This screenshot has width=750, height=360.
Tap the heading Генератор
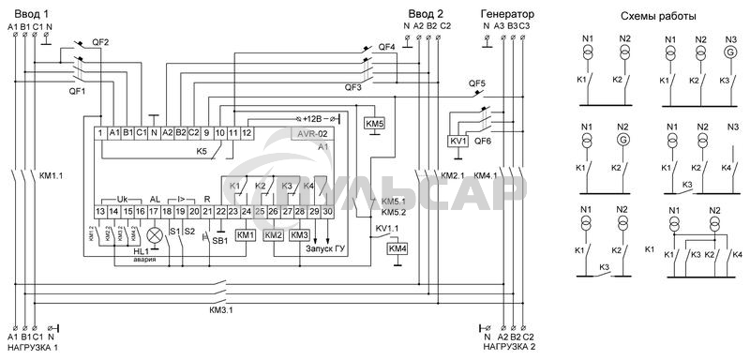(x=507, y=14)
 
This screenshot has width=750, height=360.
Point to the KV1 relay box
(x=458, y=141)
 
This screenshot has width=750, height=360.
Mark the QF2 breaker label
(x=100, y=43)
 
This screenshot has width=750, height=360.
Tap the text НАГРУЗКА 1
(x=30, y=348)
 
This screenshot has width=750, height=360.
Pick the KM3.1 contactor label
(x=221, y=309)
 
